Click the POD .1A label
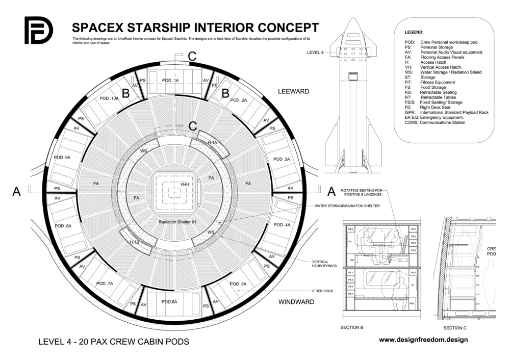tap(170, 81)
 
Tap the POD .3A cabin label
tap(281, 159)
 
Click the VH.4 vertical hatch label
tap(186, 184)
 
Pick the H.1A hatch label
tap(212, 143)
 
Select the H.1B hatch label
tap(135, 241)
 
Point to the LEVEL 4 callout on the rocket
tap(315, 52)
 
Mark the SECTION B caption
tap(351, 327)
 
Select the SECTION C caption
tap(455, 327)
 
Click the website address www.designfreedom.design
tap(423, 339)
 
